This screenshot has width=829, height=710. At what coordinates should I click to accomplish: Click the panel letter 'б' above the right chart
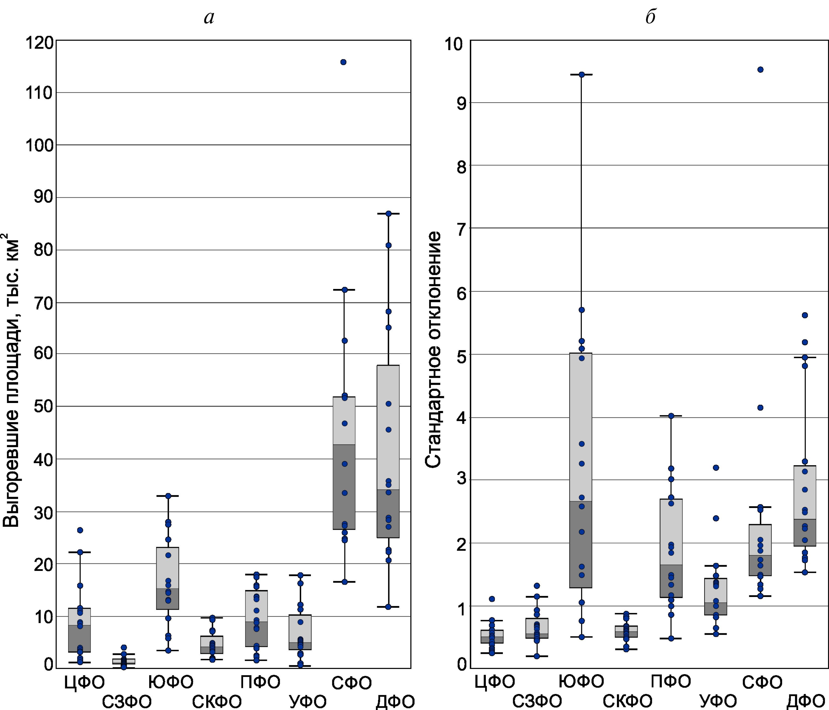pos(650,17)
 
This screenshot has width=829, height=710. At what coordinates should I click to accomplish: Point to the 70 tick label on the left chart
pos(43,303)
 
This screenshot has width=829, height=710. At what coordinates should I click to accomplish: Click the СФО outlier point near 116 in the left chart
pos(343,62)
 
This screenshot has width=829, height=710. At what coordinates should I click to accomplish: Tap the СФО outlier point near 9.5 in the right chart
pos(761,70)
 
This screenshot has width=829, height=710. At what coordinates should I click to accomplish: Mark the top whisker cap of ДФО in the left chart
pos(388,214)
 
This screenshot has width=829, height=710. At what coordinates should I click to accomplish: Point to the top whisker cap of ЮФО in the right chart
pos(582,74)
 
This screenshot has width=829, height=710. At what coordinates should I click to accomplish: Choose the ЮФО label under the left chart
pos(171,682)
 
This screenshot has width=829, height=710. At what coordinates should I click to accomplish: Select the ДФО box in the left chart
pos(388,451)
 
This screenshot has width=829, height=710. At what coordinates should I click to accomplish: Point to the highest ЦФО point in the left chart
pos(80,530)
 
